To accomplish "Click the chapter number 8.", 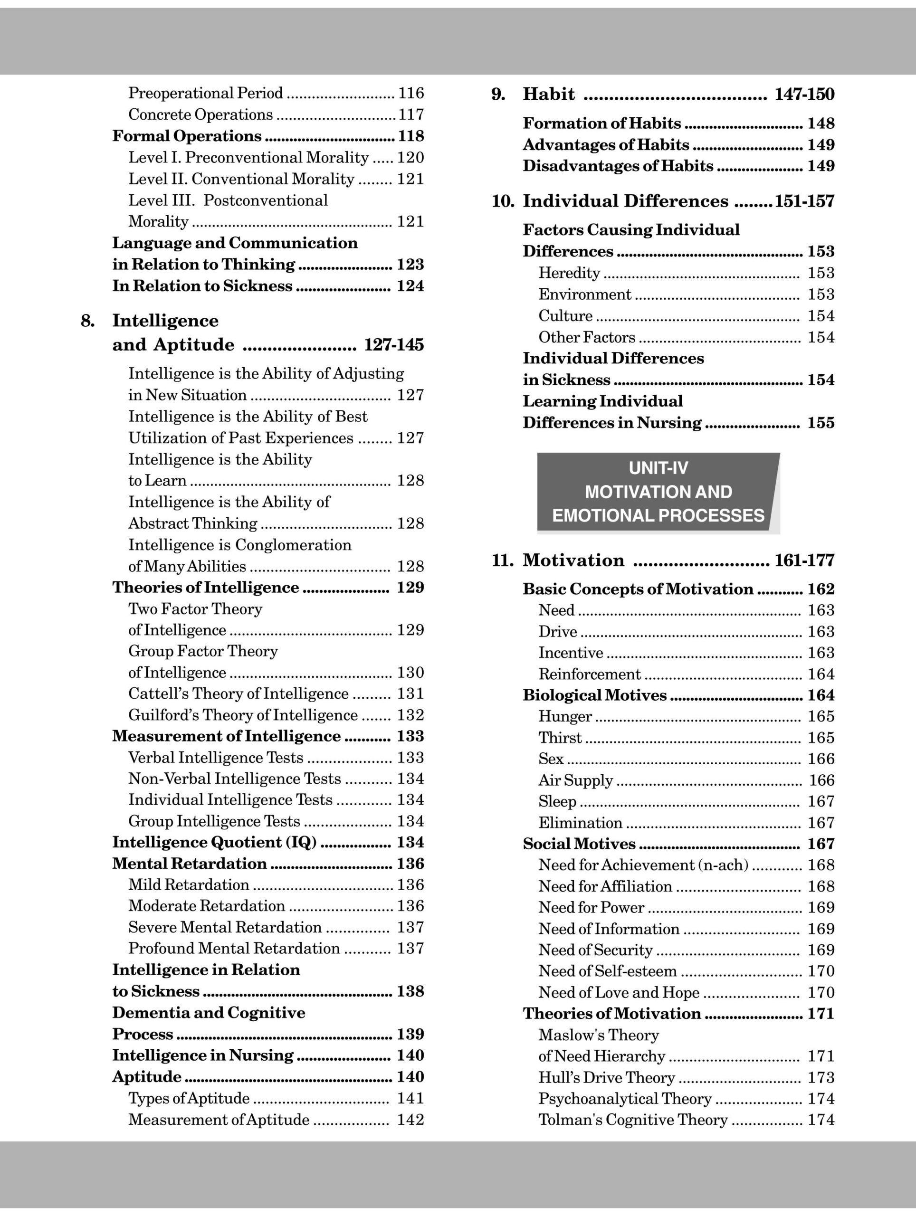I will (87, 321).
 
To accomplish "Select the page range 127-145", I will (394, 345).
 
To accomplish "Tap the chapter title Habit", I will (548, 95).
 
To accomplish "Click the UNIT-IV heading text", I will (658, 468).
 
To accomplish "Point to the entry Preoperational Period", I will (205, 93).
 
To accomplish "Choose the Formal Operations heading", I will (187, 136).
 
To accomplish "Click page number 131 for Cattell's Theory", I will (410, 694).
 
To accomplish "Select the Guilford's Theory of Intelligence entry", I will (242, 715).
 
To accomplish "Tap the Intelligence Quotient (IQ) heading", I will (214, 843).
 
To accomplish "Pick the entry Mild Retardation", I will (189, 885).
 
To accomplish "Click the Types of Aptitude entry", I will (189, 1098).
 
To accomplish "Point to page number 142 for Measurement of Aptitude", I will (410, 1120).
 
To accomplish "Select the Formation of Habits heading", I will (601, 123).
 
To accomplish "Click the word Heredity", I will (569, 273).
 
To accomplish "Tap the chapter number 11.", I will (502, 560).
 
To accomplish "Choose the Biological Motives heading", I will (594, 695).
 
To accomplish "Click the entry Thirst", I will (560, 738).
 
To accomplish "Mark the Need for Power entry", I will (591, 908).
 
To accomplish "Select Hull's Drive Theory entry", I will (606, 1077).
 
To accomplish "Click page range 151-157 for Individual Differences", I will (804, 202).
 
